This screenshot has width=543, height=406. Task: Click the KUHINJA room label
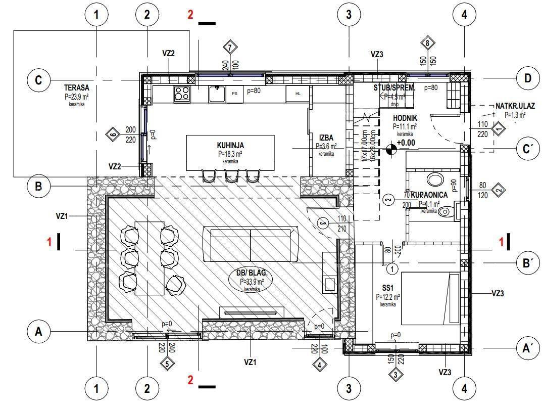[x=230, y=145]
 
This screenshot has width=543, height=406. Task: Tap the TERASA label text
[x=77, y=87]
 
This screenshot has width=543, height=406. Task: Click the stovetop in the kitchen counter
[x=182, y=94]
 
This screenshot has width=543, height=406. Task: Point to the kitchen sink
[x=217, y=93]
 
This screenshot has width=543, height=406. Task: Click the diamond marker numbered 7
[x=230, y=48]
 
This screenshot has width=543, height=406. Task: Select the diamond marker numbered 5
[x=167, y=363]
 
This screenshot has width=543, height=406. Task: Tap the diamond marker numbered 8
[x=428, y=43]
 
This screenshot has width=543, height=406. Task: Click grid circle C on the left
[x=38, y=80]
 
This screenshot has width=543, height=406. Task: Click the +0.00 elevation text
[x=405, y=143]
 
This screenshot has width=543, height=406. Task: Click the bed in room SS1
[x=430, y=298]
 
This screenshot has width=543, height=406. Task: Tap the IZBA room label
[x=326, y=138]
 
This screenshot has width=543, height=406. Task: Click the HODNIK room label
[x=405, y=118]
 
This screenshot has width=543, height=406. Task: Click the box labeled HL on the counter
[x=298, y=94]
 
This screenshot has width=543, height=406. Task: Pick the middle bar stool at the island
[x=232, y=176]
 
